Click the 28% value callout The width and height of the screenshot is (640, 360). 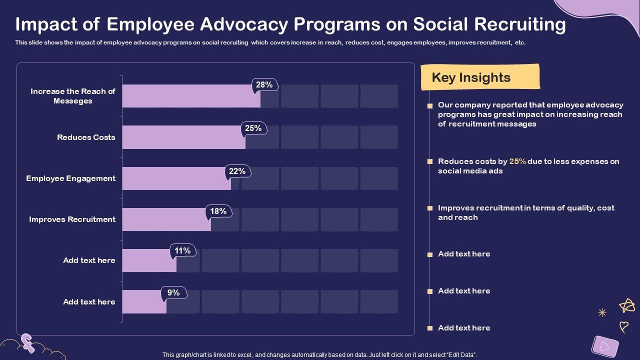[x=264, y=85]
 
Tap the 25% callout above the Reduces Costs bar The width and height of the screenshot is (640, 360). [x=253, y=128]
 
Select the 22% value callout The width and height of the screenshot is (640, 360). [x=237, y=171]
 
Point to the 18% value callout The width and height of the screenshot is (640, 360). [x=218, y=211]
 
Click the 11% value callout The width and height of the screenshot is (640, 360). [x=183, y=251]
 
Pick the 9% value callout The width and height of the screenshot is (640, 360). [x=174, y=293]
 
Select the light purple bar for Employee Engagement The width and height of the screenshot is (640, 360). [x=176, y=178]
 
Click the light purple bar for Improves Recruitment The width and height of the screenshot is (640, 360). [x=166, y=219]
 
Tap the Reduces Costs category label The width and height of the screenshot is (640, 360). [x=86, y=137]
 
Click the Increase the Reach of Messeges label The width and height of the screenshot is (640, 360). [x=73, y=96]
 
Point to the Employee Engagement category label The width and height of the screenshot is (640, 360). [x=71, y=178]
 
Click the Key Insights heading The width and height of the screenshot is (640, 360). [x=471, y=77]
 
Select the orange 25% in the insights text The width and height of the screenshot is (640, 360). [x=517, y=161]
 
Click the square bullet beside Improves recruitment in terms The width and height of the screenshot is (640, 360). [x=430, y=208]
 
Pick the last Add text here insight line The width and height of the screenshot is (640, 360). [x=464, y=328]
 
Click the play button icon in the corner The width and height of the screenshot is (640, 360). [x=604, y=345]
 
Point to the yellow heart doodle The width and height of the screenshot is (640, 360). [x=623, y=327]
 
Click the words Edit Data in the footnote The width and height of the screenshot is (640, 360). [x=460, y=355]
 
